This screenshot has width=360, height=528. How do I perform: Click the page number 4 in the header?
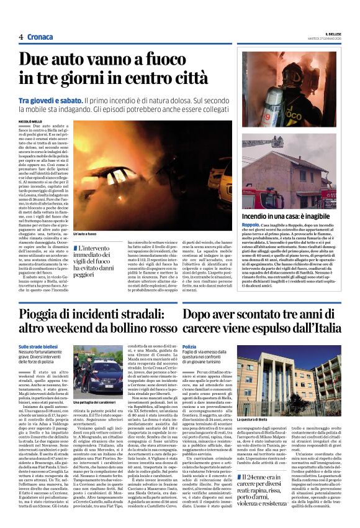coord(21,37)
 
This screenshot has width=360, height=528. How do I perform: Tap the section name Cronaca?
coord(40,37)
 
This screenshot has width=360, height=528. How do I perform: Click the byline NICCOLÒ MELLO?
coord(31,121)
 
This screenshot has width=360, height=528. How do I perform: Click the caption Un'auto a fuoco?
coord(84,234)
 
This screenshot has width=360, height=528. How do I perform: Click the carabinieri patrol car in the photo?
coord(99,376)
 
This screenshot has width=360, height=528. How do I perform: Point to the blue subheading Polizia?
coord(189,346)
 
